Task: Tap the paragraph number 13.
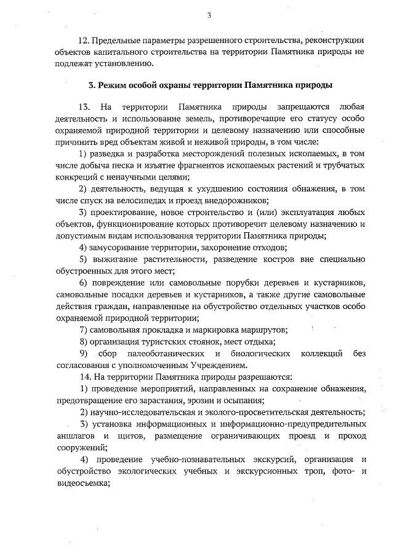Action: point(87,107)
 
